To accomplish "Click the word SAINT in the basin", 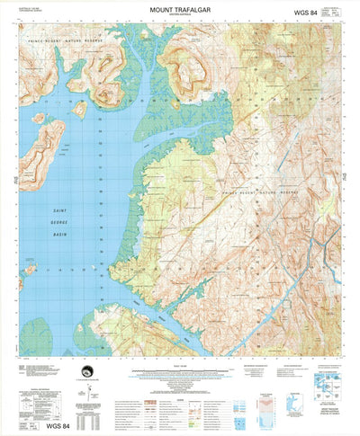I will click(x=58, y=208).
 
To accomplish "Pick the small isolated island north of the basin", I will click(x=79, y=109).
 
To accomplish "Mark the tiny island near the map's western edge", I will click(x=30, y=267).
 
